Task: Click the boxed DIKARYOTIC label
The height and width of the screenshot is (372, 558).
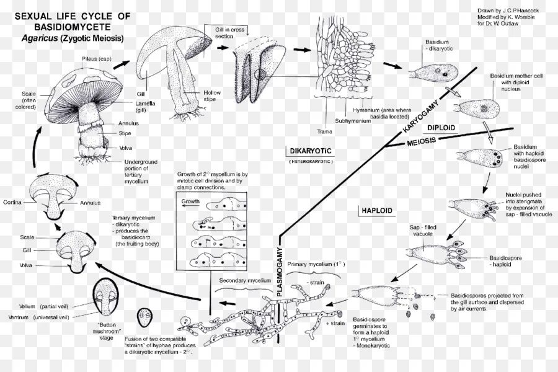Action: pyautogui.click(x=311, y=151)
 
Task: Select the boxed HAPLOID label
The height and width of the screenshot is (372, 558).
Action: pyautogui.click(x=376, y=211)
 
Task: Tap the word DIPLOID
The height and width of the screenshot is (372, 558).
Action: pyautogui.click(x=441, y=128)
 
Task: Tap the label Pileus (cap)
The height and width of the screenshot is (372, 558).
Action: pyautogui.click(x=97, y=59)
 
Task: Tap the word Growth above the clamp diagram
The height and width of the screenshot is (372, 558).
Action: pyautogui.click(x=190, y=201)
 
